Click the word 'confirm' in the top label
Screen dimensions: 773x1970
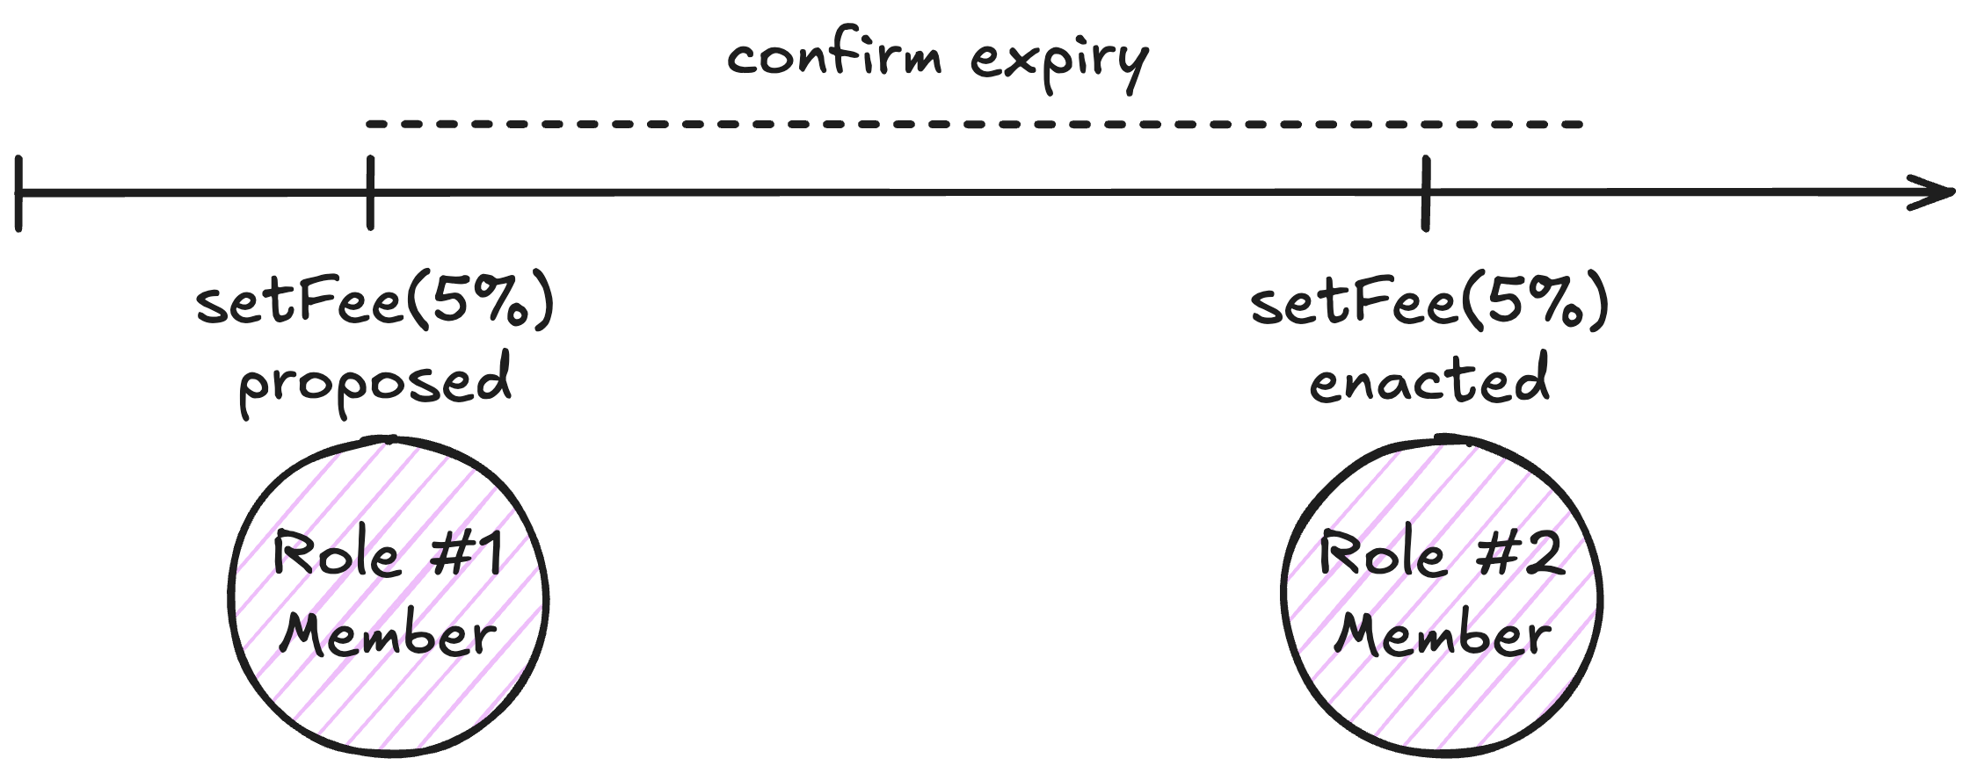point(834,56)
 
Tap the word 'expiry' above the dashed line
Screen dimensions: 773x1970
point(1059,61)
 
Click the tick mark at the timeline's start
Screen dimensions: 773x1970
point(18,193)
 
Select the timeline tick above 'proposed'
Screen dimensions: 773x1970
point(370,193)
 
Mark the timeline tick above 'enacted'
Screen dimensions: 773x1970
point(1425,193)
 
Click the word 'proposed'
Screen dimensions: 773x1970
point(375,382)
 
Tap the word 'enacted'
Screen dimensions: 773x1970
point(1428,380)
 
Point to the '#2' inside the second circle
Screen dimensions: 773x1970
point(1520,554)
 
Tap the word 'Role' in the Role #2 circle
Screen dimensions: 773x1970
point(1383,554)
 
